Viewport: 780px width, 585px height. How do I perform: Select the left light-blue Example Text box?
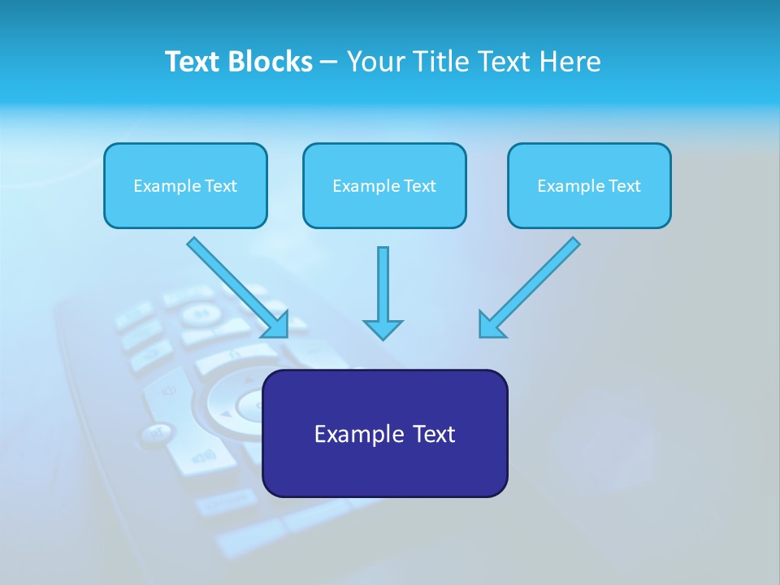point(185,185)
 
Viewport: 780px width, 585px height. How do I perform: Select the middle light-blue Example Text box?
point(384,185)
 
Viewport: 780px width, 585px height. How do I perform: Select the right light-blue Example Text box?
point(589,185)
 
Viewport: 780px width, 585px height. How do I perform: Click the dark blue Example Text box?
point(384,433)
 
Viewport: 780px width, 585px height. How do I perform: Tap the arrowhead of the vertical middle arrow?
point(383,329)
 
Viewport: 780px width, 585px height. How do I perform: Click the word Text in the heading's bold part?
point(193,62)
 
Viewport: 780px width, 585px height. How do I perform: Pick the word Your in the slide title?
point(375,62)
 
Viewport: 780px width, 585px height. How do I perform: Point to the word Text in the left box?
point(221,185)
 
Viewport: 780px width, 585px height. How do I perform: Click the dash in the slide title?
point(329,62)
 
